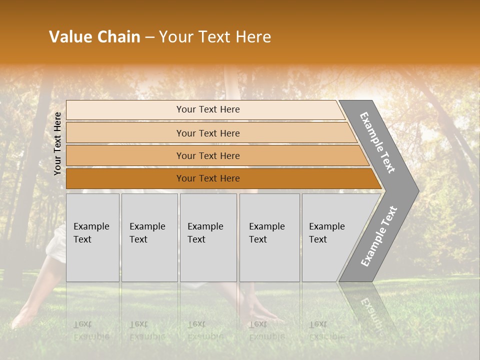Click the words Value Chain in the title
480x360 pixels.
94,37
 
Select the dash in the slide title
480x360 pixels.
149,37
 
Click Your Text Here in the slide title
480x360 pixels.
215,37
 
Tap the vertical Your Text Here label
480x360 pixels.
57,143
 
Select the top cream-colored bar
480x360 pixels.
208,109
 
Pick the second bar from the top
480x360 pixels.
208,133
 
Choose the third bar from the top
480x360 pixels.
208,155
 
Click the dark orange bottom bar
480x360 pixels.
208,178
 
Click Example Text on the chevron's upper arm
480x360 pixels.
377,142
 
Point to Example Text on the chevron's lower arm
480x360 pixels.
378,236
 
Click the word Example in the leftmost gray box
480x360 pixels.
91,226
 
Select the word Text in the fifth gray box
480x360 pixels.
317,239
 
